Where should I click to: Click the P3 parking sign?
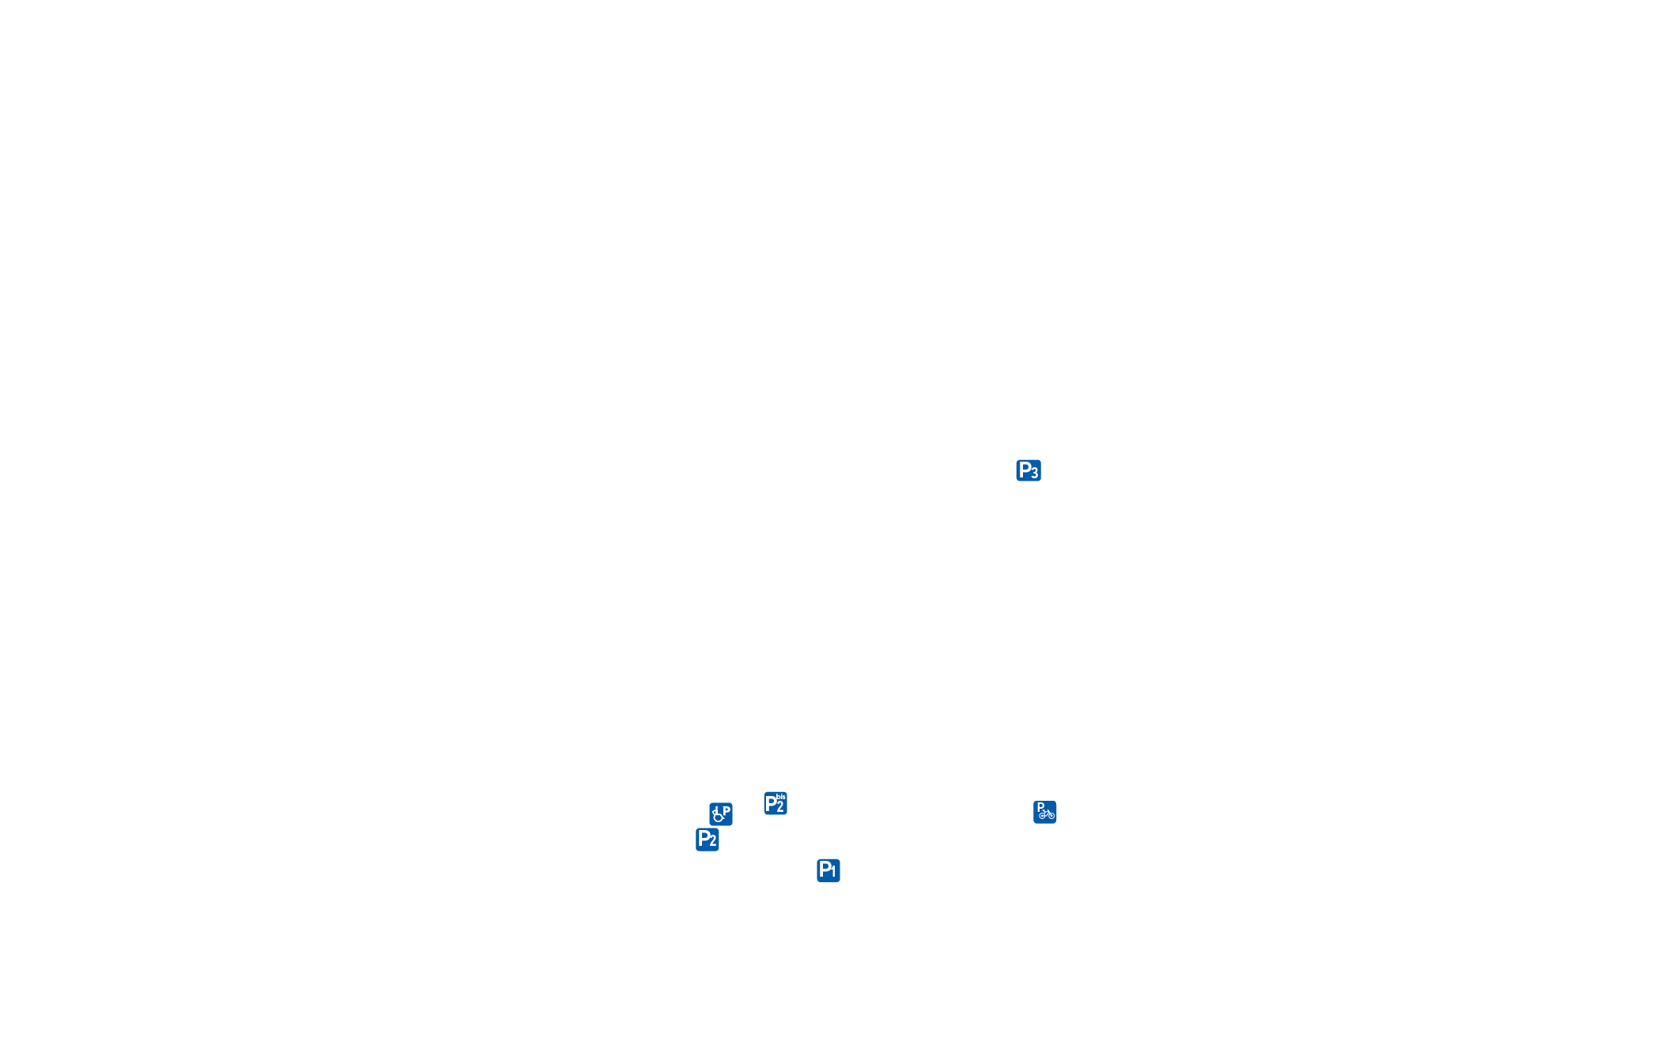tap(1028, 470)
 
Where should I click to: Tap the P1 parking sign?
tap(828, 870)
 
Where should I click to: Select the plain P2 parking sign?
tap(708, 840)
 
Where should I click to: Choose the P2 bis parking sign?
tap(776, 803)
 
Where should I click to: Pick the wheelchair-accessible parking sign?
tap(721, 814)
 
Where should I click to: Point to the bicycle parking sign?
tap(1045, 812)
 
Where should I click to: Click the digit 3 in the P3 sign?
tap(1035, 474)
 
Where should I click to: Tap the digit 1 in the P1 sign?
tap(833, 873)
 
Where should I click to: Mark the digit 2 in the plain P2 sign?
tap(713, 842)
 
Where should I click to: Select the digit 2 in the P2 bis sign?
tap(780, 807)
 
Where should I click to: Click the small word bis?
tap(781, 797)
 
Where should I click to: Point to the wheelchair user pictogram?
tap(718, 815)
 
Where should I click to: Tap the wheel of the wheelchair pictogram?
tap(718, 817)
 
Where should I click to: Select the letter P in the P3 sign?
tap(1025, 470)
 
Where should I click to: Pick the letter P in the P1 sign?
tap(824, 869)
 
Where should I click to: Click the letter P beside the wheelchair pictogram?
tap(727, 810)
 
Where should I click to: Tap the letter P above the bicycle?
tap(1040, 807)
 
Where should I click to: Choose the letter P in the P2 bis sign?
tap(771, 804)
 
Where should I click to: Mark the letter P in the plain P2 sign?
tap(703, 838)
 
